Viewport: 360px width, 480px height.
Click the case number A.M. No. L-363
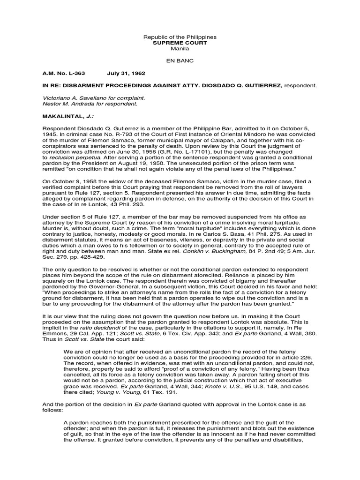pos(62,74)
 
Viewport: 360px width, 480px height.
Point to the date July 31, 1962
pos(126,74)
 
